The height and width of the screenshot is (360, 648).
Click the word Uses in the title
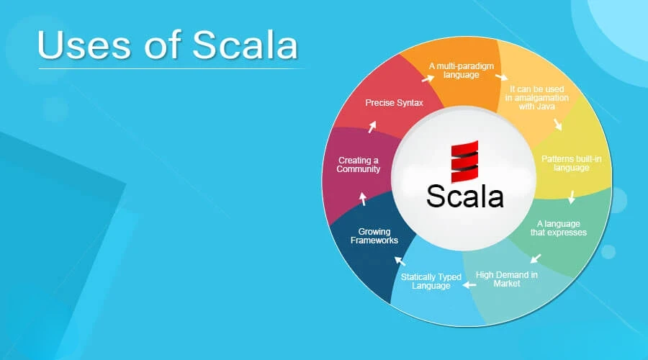(x=84, y=45)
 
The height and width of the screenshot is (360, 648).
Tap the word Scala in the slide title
(x=245, y=45)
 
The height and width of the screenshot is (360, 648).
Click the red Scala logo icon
(x=464, y=161)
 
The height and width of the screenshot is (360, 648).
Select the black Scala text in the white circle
(x=465, y=196)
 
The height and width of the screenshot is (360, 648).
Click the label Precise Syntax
(x=394, y=102)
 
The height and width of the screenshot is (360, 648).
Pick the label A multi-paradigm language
(x=462, y=71)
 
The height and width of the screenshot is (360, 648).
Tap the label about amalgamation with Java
(x=537, y=97)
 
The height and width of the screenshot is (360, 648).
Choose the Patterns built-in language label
(x=572, y=163)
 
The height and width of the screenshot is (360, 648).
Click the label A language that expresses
(x=558, y=228)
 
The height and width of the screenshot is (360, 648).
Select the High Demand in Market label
(x=507, y=279)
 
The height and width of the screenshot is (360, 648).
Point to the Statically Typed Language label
(x=431, y=281)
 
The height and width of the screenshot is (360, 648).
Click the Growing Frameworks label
(x=374, y=235)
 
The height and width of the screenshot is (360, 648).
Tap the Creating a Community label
(x=359, y=164)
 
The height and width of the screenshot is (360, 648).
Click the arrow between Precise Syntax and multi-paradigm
(x=428, y=78)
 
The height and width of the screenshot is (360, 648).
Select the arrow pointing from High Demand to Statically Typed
(x=469, y=285)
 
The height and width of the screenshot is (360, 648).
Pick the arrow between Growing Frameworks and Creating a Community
(x=363, y=199)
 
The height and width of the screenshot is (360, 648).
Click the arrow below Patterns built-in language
(x=572, y=197)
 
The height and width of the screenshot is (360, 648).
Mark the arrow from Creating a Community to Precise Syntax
(x=372, y=127)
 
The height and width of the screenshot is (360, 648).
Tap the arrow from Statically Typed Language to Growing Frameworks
(x=400, y=261)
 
